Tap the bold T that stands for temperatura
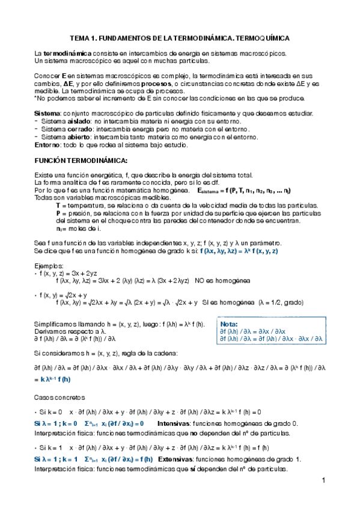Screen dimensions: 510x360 pyautogui.click(x=57, y=206)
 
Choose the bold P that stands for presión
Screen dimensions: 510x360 pyautogui.click(x=57, y=213)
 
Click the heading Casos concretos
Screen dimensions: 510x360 pyautogui.click(x=60, y=398)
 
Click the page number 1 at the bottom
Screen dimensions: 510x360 pyautogui.click(x=323, y=481)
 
